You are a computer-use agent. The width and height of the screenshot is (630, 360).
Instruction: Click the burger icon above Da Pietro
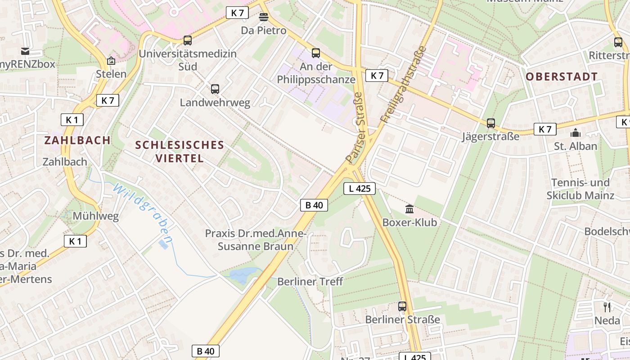click(x=264, y=17)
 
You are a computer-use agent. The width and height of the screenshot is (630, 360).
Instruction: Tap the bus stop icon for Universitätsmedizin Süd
click(x=188, y=40)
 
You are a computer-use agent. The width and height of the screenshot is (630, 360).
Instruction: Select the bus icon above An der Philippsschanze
click(x=316, y=53)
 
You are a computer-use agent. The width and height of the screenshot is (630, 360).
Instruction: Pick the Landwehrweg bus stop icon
click(x=215, y=89)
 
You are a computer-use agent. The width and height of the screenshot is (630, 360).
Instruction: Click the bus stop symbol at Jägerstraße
click(x=490, y=123)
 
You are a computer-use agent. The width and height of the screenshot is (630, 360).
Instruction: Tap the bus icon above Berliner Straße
click(x=402, y=306)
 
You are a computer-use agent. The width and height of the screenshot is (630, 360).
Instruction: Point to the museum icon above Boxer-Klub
click(x=409, y=209)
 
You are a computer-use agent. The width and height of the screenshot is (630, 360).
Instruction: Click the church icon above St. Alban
click(x=575, y=133)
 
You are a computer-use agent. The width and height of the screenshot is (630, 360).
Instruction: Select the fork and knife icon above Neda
click(x=607, y=307)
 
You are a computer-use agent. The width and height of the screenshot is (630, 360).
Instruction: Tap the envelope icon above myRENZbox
click(x=24, y=51)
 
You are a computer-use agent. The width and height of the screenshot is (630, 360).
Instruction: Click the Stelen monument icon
click(x=111, y=61)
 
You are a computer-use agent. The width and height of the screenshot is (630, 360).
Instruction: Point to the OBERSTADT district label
click(x=562, y=76)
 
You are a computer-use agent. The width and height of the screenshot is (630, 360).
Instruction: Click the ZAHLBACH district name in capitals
click(x=77, y=140)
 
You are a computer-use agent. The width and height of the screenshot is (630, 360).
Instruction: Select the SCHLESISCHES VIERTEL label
click(x=180, y=152)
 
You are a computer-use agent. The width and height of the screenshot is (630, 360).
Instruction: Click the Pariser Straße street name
click(x=355, y=128)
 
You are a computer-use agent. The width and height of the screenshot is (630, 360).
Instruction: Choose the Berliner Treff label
click(x=310, y=282)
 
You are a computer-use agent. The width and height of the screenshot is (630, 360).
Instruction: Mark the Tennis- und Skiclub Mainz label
click(x=580, y=189)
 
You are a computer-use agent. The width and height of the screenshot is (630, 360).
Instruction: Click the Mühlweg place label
click(x=96, y=216)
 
